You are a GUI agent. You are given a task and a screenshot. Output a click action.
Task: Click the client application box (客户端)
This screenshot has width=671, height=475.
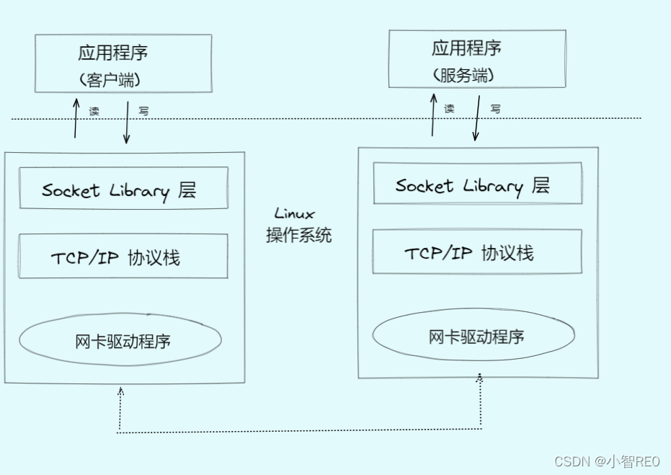click(x=123, y=63)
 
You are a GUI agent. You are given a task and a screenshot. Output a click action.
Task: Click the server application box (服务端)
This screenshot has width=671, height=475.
click(x=476, y=60)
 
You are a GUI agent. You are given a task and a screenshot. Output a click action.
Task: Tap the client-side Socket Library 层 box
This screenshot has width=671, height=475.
click(x=123, y=188)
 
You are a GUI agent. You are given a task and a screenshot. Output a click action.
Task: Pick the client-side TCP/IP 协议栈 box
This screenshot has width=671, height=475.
click(x=123, y=256)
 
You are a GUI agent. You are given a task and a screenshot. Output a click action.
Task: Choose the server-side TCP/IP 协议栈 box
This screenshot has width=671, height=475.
click(x=476, y=252)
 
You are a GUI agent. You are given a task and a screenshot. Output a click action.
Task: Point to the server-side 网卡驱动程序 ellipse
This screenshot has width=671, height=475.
click(x=474, y=336)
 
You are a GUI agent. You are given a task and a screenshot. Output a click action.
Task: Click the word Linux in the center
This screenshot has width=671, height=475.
click(x=294, y=214)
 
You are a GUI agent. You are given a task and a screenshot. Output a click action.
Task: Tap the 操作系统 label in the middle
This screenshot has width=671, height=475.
click(x=299, y=235)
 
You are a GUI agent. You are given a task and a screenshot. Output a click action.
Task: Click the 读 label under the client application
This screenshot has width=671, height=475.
click(x=94, y=112)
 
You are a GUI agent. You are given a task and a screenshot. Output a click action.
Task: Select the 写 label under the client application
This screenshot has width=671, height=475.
click(x=143, y=112)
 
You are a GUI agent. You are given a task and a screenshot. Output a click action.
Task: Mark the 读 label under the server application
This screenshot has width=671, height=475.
click(x=449, y=109)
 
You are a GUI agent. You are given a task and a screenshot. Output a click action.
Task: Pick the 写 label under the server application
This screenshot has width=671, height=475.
click(x=495, y=109)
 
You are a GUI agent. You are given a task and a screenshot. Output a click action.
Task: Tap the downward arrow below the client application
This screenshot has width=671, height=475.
click(x=127, y=123)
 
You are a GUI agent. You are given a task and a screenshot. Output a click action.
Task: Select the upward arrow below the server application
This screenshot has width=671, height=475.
click(x=433, y=115)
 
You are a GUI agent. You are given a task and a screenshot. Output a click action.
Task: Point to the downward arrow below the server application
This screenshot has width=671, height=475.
click(x=476, y=119)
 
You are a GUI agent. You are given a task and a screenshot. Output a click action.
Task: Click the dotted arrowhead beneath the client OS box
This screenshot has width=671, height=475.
click(x=120, y=392)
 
